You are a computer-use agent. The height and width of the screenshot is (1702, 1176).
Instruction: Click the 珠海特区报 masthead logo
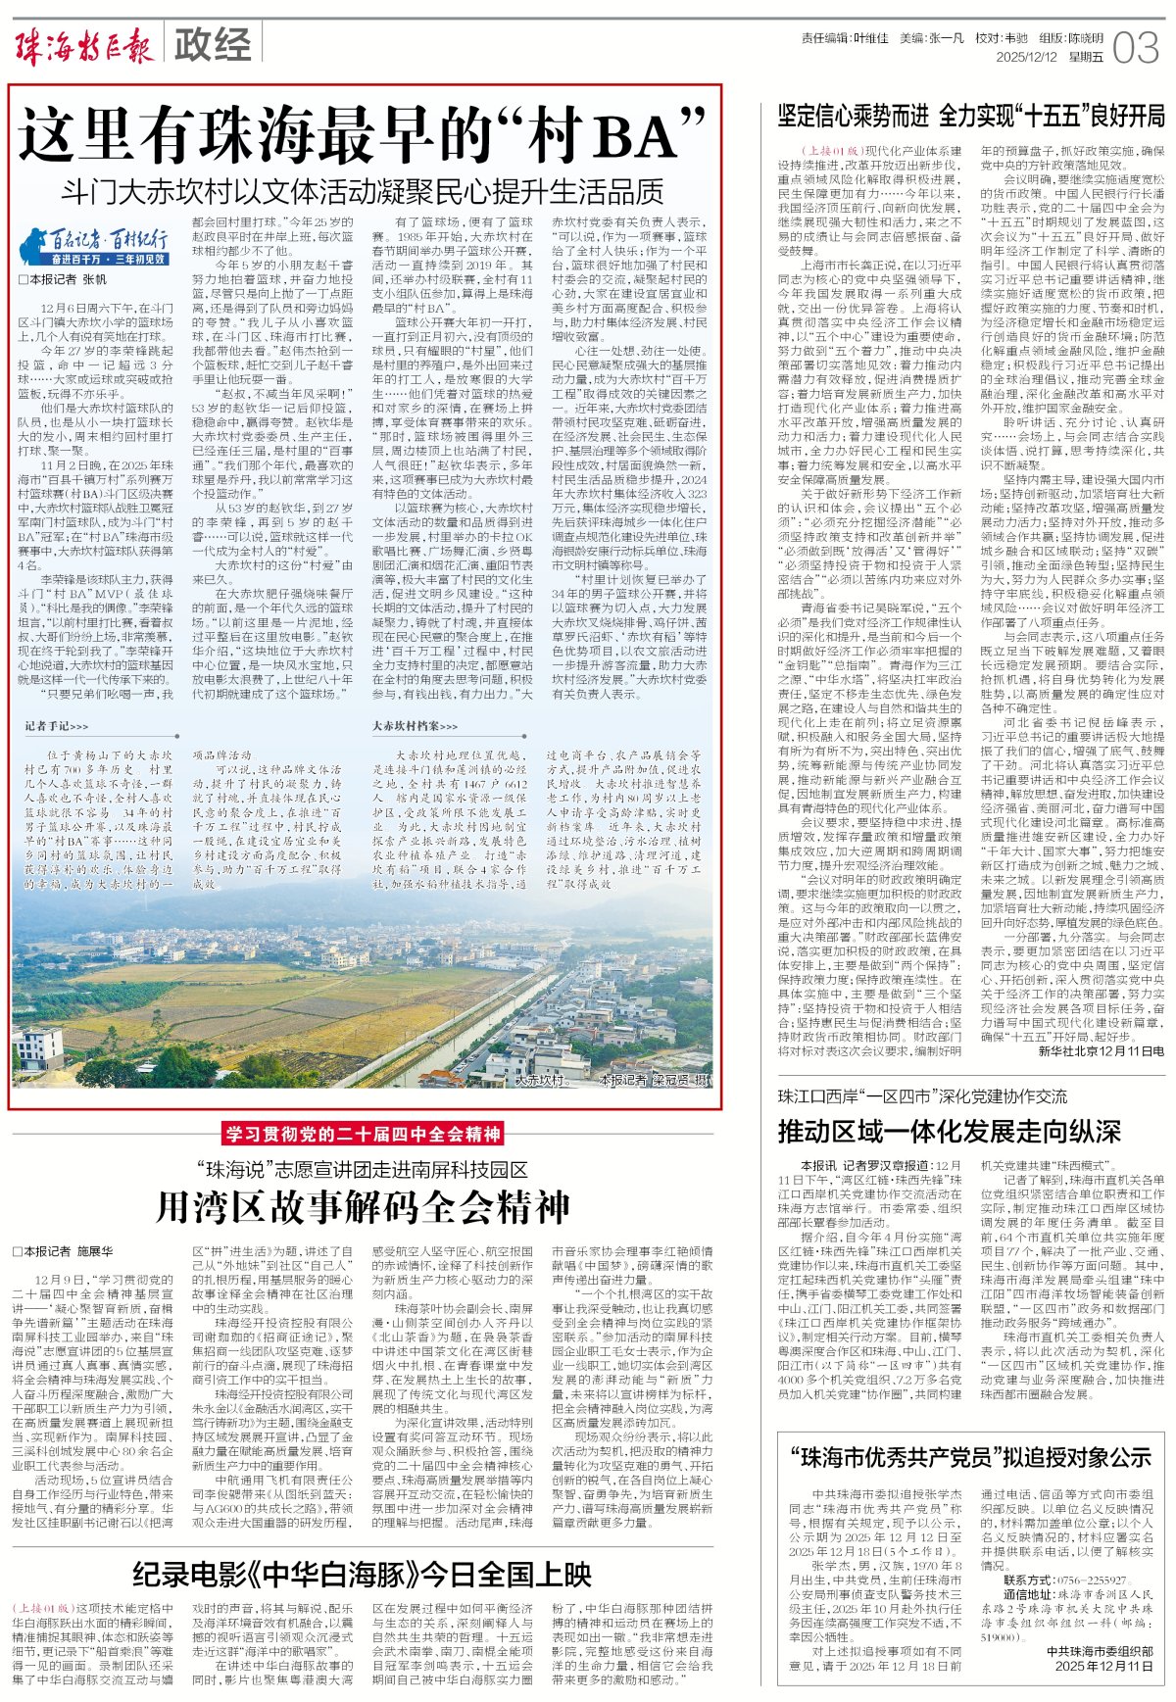[86, 45]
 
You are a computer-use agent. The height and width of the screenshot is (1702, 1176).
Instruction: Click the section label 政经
[212, 45]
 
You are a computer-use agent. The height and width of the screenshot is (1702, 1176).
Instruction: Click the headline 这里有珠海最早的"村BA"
[363, 134]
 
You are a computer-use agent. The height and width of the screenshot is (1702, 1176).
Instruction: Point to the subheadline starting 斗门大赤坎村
[362, 190]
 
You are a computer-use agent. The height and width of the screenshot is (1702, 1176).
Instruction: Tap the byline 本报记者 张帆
[63, 279]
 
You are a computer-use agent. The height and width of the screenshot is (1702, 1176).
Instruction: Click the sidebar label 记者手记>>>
[56, 726]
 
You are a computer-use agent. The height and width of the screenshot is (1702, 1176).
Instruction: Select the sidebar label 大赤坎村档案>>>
[415, 726]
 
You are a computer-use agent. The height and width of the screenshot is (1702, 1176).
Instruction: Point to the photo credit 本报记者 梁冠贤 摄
[655, 1081]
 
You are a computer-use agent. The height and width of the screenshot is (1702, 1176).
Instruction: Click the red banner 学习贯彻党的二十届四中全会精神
[363, 1135]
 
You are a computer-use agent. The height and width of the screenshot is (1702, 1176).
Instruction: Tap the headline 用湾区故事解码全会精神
[362, 1207]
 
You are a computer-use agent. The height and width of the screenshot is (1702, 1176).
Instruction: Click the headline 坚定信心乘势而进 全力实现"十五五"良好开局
[970, 116]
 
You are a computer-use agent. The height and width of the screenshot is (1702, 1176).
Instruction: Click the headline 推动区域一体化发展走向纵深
[949, 1131]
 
